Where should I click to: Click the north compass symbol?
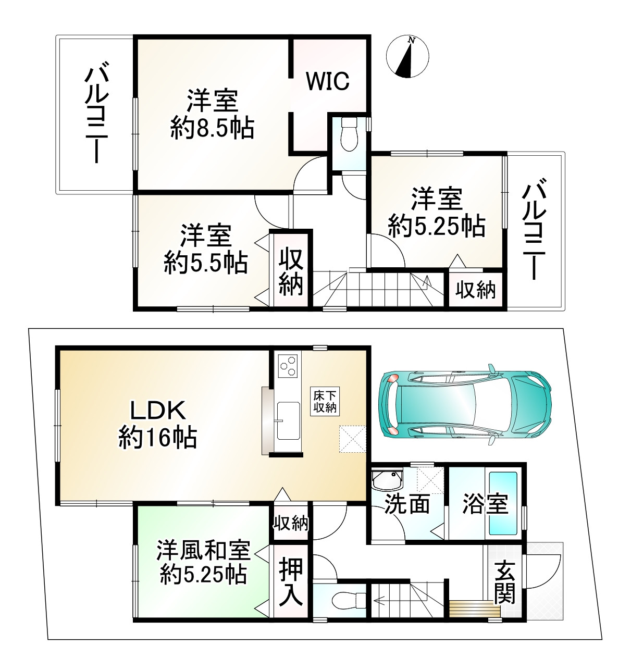pos(407,56)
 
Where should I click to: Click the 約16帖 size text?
pos(157,438)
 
